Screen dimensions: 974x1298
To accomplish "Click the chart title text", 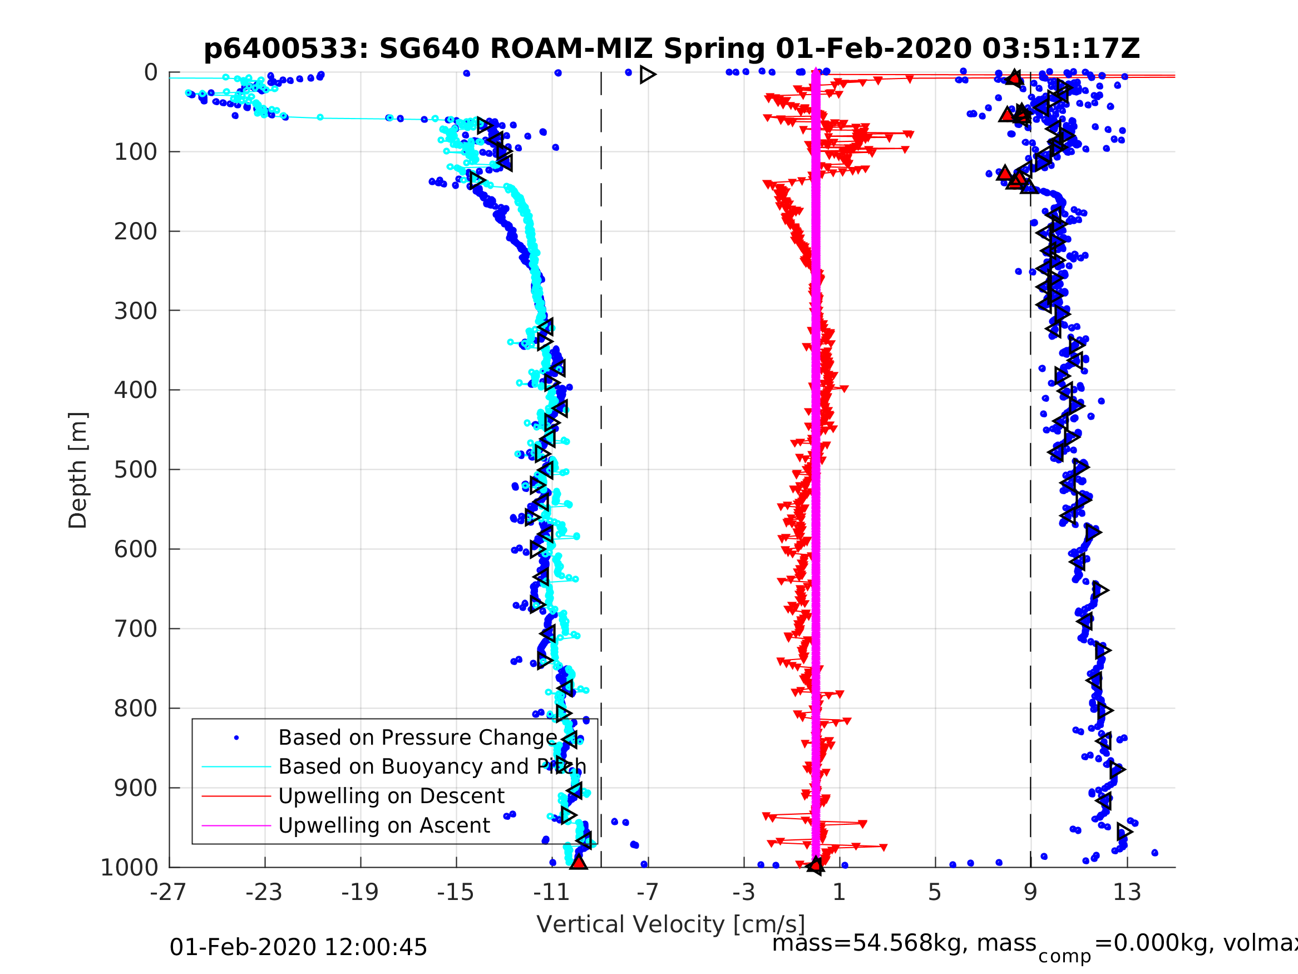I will [x=672, y=49].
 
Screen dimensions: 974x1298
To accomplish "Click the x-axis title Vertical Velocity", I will [x=671, y=924].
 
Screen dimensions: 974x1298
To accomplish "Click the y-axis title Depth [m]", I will [x=78, y=470].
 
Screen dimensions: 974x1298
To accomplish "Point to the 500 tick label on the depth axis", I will [x=136, y=470].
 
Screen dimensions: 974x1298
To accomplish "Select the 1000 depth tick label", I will [x=129, y=867].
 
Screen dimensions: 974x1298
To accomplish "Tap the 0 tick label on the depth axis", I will [x=151, y=73].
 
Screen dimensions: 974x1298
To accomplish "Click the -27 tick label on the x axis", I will [x=169, y=892].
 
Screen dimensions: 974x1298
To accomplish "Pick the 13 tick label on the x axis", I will [x=1127, y=892].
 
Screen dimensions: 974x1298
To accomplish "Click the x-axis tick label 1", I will [x=839, y=892].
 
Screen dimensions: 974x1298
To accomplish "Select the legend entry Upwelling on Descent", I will [x=391, y=796].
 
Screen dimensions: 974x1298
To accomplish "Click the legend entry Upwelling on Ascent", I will [x=384, y=825].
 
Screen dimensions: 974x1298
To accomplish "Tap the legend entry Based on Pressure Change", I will [x=417, y=737].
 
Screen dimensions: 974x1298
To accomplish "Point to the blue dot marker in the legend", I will [x=236, y=738].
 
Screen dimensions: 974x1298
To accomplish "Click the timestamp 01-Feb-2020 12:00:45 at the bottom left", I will [x=298, y=948].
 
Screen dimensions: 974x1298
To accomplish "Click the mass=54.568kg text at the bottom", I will [x=903, y=943].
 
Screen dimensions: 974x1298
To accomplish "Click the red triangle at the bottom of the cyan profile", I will [x=579, y=863].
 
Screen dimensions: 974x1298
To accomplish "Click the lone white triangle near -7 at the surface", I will [x=647, y=75].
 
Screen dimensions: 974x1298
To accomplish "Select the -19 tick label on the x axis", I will [x=360, y=892].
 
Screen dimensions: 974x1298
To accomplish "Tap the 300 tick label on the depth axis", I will [x=136, y=311].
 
